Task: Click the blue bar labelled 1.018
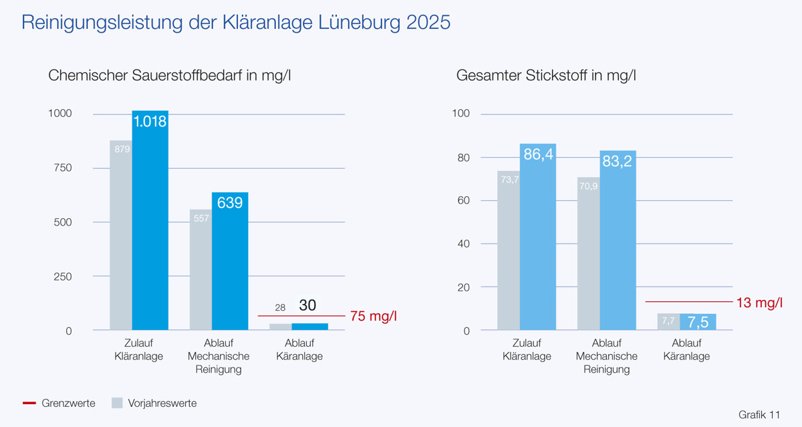[150, 221]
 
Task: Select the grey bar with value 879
[121, 235]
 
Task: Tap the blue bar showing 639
[230, 262]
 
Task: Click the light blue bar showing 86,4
[538, 237]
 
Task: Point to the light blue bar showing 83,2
[618, 240]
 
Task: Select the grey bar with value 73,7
[509, 250]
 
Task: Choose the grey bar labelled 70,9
[589, 254]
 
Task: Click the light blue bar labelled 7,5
[698, 322]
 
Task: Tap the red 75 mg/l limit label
[373, 316]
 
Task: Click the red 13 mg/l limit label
[759, 303]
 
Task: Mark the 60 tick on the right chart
[462, 201]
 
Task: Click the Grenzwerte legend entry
[59, 403]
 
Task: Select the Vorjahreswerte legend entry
[154, 403]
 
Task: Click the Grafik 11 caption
[759, 414]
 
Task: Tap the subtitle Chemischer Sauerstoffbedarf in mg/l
[169, 76]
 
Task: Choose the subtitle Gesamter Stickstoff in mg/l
[545, 76]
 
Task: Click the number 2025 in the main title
[428, 23]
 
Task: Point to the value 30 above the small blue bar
[307, 305]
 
